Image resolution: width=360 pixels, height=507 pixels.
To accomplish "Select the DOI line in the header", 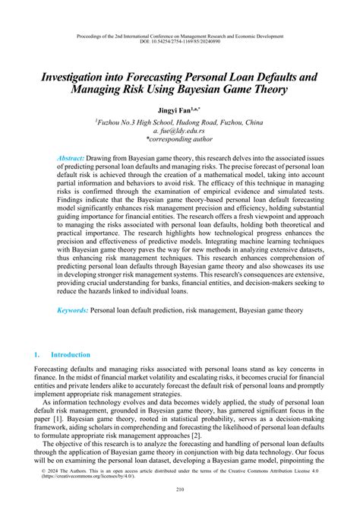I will click(x=180, y=43).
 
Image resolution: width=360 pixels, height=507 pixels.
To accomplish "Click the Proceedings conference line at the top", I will click(x=180, y=36).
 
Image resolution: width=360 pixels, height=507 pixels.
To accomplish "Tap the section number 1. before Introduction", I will click(x=38, y=354).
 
